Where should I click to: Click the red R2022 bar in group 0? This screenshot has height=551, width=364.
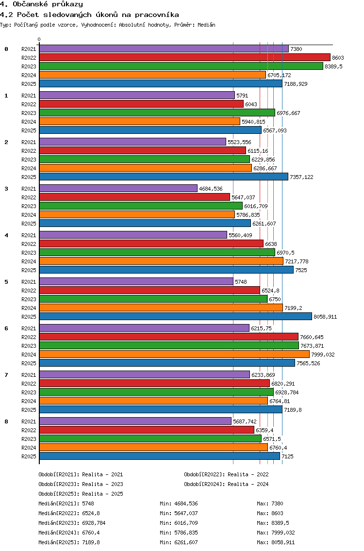tap(185, 58)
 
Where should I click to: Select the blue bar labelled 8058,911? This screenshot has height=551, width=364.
tap(176, 317)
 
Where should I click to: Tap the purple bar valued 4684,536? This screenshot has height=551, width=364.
tap(118, 189)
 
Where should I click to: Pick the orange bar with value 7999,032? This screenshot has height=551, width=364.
tap(174, 355)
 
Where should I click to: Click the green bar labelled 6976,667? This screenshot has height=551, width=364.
tap(157, 113)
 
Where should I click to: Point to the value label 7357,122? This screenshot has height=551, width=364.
tap(301, 177)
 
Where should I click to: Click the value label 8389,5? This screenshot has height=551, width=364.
tap(333, 66)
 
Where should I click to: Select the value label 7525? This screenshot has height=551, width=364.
tap(301, 270)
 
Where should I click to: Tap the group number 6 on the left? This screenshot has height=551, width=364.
tap(6, 328)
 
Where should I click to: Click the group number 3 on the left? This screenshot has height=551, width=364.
tap(6, 189)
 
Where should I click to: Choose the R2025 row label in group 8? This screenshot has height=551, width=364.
tap(29, 456)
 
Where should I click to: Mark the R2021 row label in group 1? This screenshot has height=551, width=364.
tap(29, 96)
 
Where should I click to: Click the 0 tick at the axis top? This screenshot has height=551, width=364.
tap(39, 40)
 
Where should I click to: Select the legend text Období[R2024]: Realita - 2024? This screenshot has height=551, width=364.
tap(226, 484)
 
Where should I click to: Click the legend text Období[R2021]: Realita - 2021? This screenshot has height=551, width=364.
tap(81, 474)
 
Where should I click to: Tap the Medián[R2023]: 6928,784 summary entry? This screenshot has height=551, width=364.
tap(72, 523)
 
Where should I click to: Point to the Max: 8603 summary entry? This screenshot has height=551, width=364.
tap(270, 513)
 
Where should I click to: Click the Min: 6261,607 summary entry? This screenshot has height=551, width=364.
tap(179, 543)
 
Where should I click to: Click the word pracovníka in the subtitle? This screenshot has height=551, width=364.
tap(157, 15)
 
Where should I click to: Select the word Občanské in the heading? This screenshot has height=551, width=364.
tap(30, 4)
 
